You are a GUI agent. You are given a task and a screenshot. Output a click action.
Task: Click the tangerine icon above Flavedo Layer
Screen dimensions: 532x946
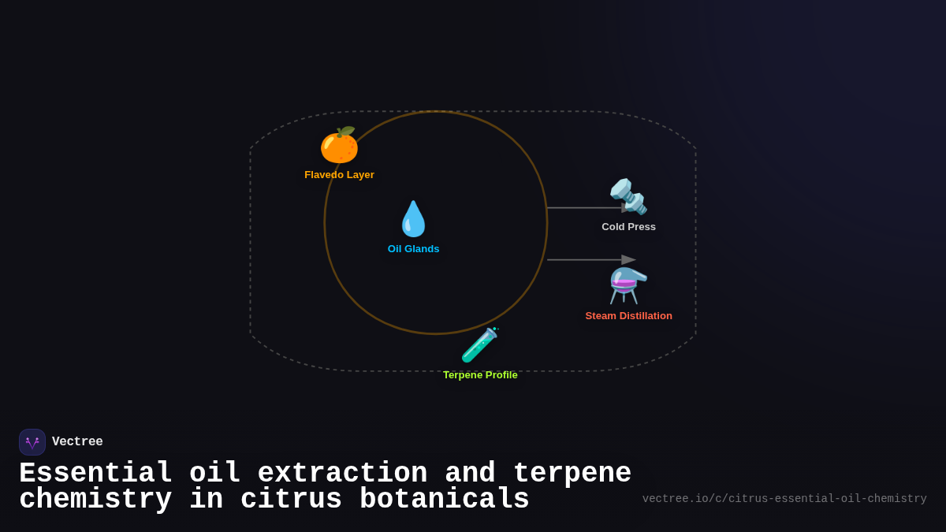(339, 146)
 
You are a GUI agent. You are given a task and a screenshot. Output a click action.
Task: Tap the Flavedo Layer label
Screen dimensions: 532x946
(339, 175)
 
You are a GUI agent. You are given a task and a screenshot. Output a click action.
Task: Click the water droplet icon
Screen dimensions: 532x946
(413, 219)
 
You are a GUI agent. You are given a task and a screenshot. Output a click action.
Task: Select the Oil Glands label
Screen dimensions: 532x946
(413, 249)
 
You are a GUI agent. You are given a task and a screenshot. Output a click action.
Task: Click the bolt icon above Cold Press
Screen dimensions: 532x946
(628, 197)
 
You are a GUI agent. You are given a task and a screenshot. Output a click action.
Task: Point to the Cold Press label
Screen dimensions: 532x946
(628, 227)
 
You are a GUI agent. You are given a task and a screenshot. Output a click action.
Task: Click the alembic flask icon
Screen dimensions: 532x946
(628, 285)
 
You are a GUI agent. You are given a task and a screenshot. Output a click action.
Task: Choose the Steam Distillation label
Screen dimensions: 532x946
(628, 316)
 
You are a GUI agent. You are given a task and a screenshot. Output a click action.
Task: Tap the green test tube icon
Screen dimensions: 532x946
(480, 345)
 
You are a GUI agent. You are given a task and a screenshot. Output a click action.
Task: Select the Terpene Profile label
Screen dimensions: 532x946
(480, 375)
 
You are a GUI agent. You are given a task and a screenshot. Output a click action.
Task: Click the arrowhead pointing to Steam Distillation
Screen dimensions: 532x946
(628, 260)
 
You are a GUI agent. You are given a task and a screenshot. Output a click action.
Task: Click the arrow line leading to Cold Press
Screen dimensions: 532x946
(583, 208)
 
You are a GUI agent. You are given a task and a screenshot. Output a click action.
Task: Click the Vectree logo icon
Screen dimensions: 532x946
(32, 442)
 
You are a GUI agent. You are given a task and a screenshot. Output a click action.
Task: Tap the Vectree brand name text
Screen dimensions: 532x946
(77, 442)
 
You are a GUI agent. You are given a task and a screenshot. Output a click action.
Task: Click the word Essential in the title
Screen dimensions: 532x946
(95, 474)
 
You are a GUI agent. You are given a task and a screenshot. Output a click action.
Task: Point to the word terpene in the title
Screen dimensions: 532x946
(572, 474)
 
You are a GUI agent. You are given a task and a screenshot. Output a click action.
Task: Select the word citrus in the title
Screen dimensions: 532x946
(291, 500)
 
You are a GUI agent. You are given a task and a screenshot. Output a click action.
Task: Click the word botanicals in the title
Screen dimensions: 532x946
(444, 500)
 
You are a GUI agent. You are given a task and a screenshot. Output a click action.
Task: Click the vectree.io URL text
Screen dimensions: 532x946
(784, 499)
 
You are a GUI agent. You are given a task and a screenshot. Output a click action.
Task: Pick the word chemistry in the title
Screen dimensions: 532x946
(95, 500)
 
